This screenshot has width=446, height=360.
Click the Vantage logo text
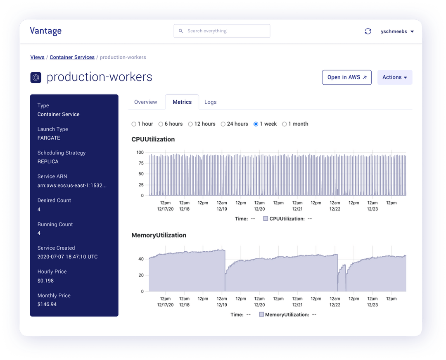[x=46, y=31]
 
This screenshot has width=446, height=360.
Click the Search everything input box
[x=222, y=31]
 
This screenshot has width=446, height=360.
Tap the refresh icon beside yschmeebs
[x=368, y=31]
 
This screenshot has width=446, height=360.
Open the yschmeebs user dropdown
[x=397, y=31]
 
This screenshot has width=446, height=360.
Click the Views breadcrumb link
[x=37, y=57]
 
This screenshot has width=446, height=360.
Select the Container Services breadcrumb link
[x=72, y=57]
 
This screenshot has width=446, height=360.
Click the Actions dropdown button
[x=394, y=77]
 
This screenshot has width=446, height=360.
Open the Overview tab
[x=146, y=102]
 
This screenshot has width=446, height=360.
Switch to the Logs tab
[x=210, y=102]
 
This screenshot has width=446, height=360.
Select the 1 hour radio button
[x=134, y=124]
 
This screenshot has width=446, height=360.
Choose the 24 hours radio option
[x=223, y=124]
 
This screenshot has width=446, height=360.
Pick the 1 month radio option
[x=285, y=124]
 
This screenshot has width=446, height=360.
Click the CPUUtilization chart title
[x=153, y=139]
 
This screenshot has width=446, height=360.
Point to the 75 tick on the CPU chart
[x=140, y=163]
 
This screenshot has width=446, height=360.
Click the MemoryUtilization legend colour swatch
[x=261, y=315]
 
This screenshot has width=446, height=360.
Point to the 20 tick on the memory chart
[x=141, y=275]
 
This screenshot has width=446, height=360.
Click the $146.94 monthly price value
[x=47, y=305]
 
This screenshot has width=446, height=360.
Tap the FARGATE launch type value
[x=49, y=138]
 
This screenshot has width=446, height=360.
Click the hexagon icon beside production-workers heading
[x=36, y=77]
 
